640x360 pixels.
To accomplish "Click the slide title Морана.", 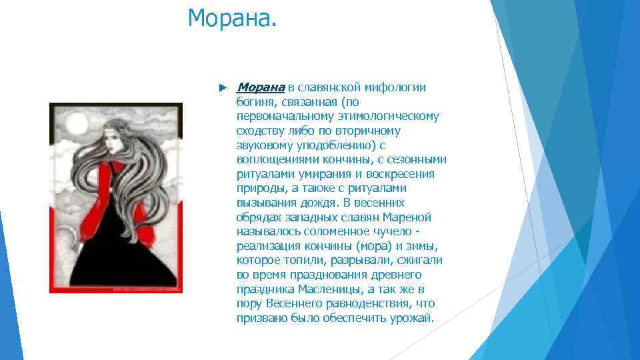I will tap(231, 18).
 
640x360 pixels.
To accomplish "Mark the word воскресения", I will tap(401, 174).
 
